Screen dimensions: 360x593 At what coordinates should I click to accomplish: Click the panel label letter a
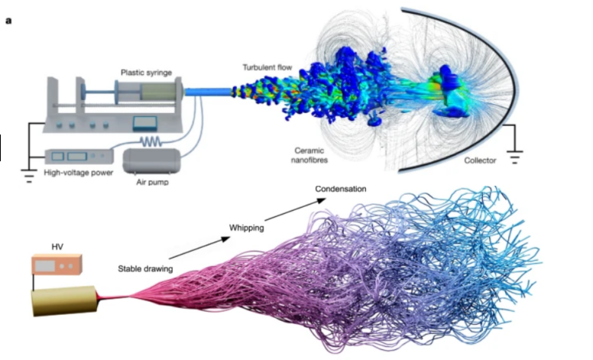point(8,21)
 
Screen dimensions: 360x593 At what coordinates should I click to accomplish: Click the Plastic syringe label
point(146,73)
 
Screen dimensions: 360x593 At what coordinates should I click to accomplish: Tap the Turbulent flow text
point(268,67)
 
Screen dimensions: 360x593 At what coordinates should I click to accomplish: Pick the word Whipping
point(246,228)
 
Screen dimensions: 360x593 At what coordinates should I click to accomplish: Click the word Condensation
point(341,189)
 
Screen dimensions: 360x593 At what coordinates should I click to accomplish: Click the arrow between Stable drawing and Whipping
point(198,248)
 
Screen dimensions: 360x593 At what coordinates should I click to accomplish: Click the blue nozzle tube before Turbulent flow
point(206,92)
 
